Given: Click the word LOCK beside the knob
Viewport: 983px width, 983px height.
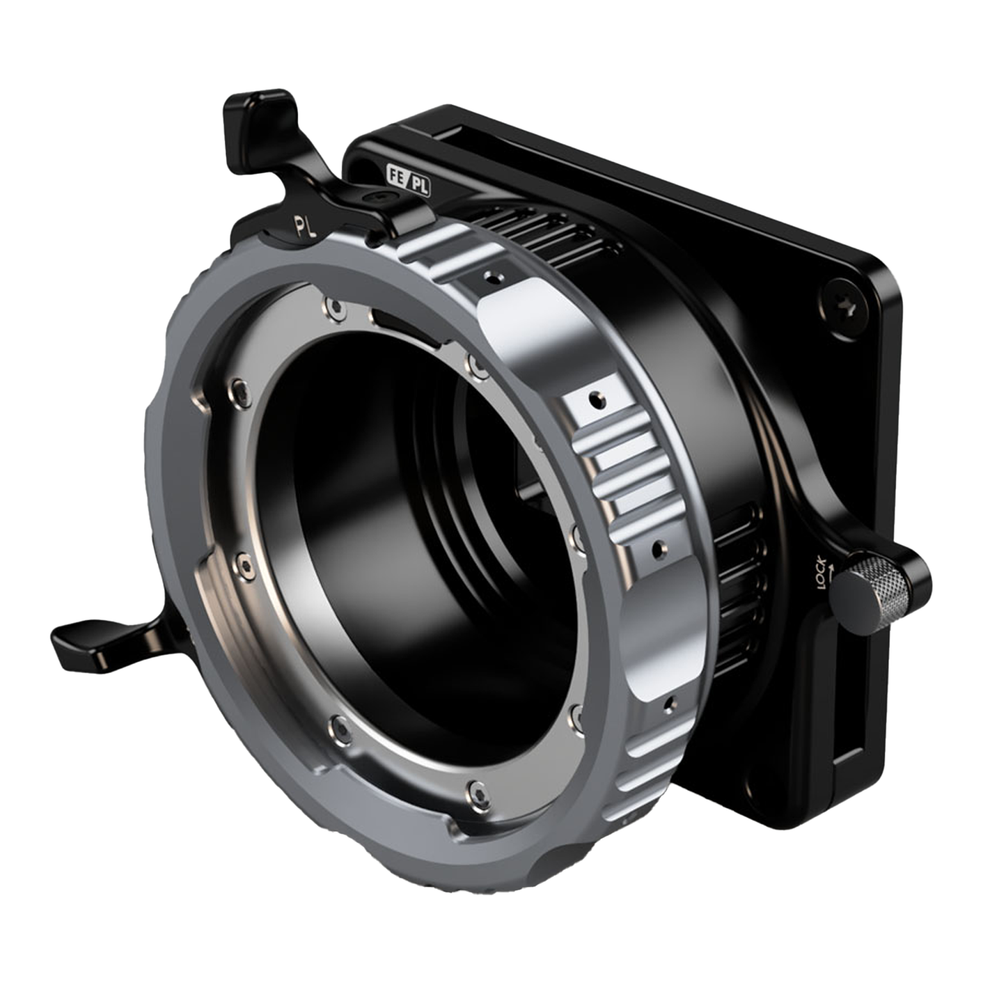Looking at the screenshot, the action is point(822,576).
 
